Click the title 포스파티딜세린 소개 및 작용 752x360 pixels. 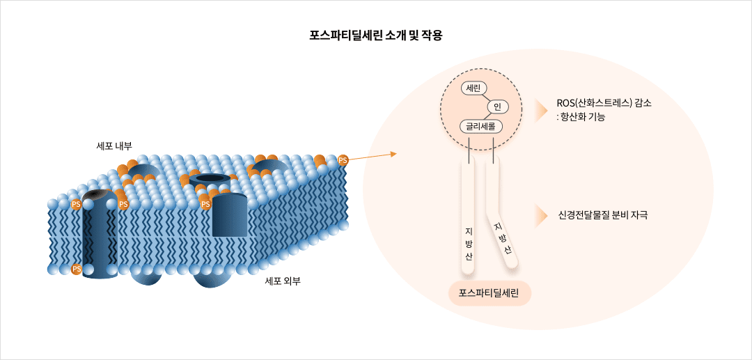[376, 36]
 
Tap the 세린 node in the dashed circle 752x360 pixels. [473, 88]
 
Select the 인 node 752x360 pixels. [498, 107]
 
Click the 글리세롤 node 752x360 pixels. [480, 126]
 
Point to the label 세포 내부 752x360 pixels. [114, 146]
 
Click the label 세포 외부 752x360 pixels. [283, 281]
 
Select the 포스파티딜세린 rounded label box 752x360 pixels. [489, 293]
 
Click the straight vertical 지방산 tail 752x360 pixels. [469, 216]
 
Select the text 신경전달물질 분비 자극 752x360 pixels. [603, 215]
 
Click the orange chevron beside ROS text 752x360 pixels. [540, 110]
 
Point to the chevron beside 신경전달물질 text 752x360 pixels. [540, 216]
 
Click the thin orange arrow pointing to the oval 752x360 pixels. [373, 155]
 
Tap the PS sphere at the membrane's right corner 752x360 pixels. [343, 161]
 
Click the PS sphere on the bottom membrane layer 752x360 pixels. [77, 269]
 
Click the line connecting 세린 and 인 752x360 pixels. [486, 97]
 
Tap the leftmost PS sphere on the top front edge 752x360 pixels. [77, 204]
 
